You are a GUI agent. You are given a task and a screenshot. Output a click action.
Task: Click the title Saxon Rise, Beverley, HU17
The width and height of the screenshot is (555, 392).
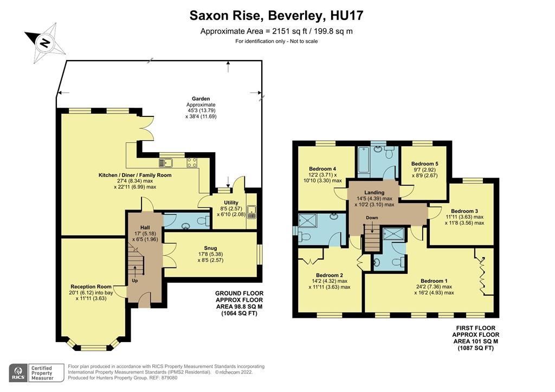click(276, 15)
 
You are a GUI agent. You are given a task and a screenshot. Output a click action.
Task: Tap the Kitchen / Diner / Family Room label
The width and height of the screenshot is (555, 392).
click(135, 175)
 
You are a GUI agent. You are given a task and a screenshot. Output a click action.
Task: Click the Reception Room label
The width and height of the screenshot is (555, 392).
click(91, 286)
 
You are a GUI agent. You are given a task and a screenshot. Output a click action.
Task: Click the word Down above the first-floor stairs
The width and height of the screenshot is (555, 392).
click(372, 218)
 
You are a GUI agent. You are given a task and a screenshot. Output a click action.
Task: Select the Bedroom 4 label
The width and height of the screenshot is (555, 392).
click(323, 168)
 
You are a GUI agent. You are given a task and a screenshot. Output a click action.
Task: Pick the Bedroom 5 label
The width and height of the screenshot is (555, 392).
click(424, 164)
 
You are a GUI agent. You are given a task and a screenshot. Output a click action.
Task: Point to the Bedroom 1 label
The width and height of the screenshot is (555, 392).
click(434, 280)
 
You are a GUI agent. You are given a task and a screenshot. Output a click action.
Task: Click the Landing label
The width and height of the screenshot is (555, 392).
click(374, 192)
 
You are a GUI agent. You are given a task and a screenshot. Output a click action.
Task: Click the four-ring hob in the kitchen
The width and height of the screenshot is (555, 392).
click(192, 162)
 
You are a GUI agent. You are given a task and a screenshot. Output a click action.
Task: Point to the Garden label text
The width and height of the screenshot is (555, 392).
click(201, 99)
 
